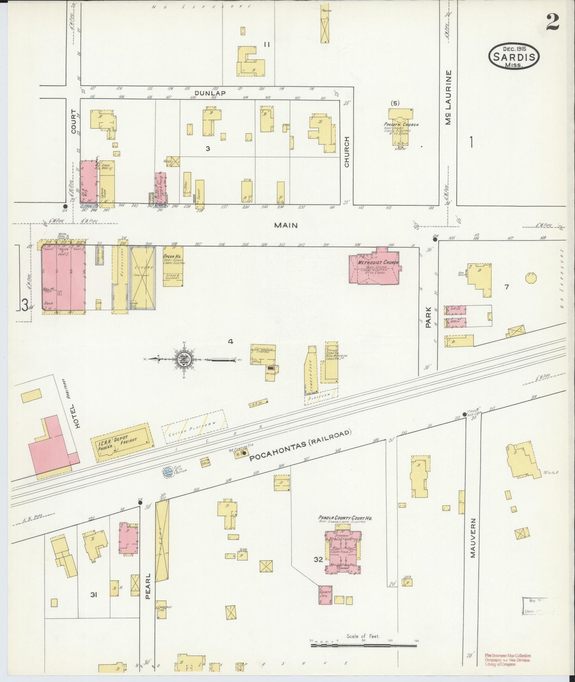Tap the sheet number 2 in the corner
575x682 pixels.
pos(552,23)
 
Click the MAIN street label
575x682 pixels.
pos(286,225)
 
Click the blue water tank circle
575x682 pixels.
pos(168,472)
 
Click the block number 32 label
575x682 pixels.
pos(318,559)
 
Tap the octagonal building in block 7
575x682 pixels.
pos(531,278)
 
